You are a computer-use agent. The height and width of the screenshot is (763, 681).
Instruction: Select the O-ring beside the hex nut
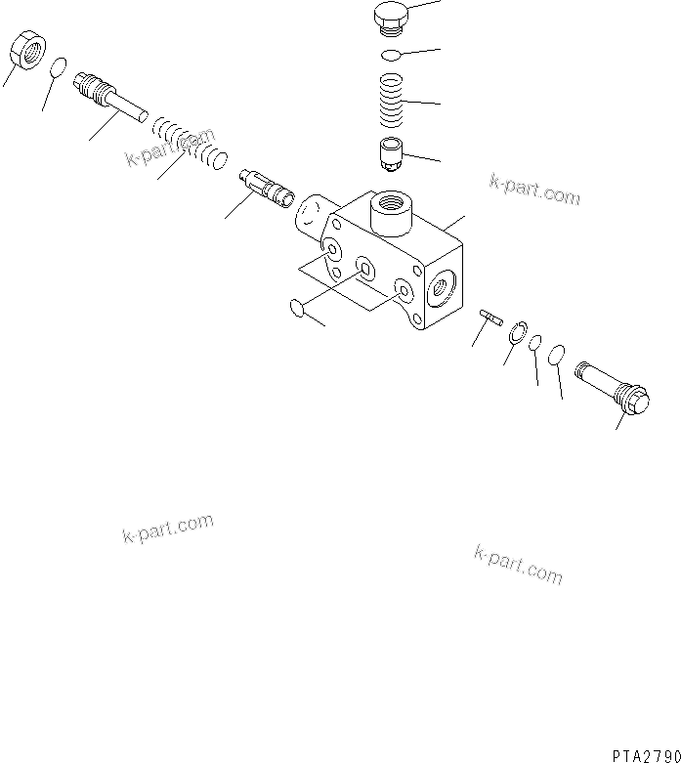[x=58, y=68]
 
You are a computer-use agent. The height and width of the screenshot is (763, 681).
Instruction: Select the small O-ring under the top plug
[x=392, y=55]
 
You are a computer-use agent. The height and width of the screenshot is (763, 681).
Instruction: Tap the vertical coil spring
[x=392, y=101]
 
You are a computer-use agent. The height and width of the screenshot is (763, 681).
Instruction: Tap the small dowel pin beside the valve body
[x=490, y=315]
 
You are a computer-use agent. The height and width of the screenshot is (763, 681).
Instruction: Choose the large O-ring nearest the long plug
[x=556, y=354]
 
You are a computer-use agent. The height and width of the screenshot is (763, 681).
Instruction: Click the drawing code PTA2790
[x=645, y=754]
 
